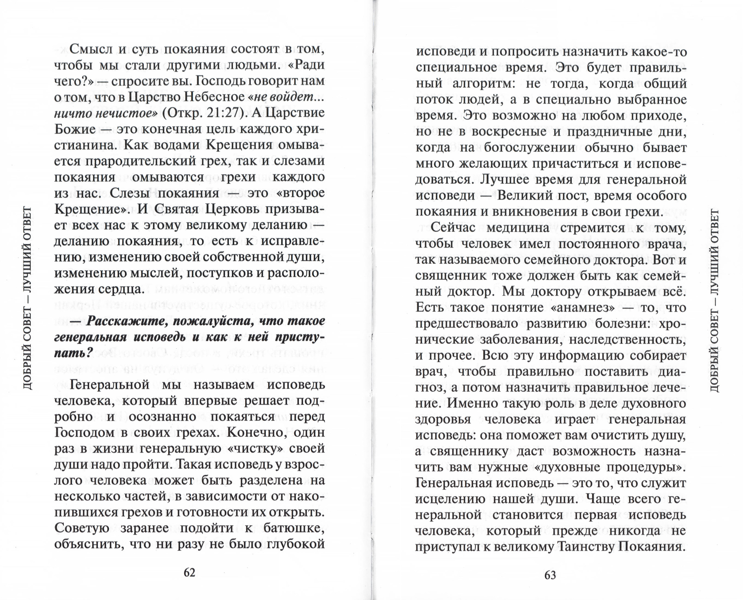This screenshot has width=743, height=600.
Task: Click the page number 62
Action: [189, 573]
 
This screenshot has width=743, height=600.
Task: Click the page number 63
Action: [550, 575]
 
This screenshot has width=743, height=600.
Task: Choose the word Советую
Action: [81, 528]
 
